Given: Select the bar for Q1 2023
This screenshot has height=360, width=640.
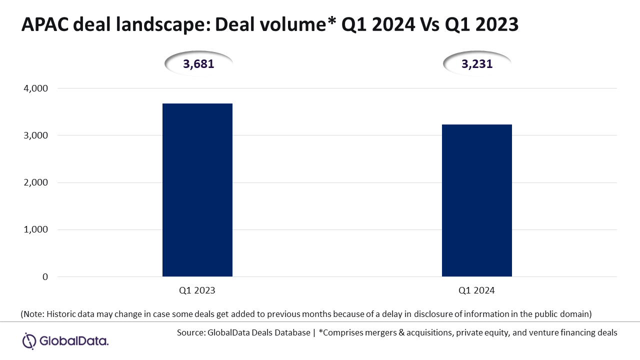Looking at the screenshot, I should pyautogui.click(x=197, y=190).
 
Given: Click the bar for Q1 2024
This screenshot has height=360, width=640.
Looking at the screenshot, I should pyautogui.click(x=477, y=200).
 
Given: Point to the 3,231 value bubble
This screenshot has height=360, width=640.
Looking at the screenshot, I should pyautogui.click(x=477, y=64).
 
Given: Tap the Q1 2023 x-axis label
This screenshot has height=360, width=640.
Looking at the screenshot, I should pyautogui.click(x=197, y=290).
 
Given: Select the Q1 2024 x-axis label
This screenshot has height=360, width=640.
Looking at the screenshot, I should pyautogui.click(x=477, y=290).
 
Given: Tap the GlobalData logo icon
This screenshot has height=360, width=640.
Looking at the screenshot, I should pyautogui.click(x=29, y=340).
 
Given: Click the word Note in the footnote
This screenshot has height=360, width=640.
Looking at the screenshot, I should pyautogui.click(x=33, y=314).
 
